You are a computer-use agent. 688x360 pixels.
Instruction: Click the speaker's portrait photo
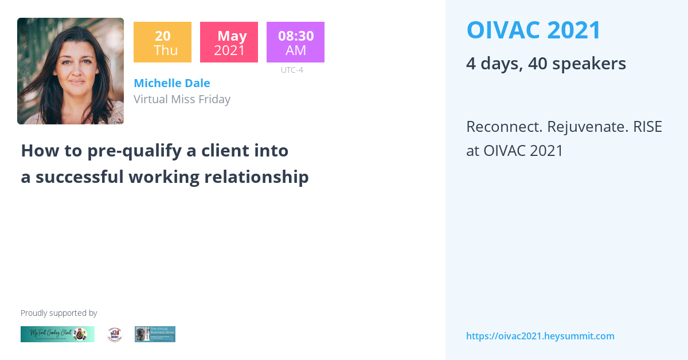click(x=71, y=71)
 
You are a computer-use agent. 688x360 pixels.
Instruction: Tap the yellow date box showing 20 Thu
click(x=162, y=42)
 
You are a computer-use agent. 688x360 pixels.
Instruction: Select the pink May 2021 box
click(x=229, y=42)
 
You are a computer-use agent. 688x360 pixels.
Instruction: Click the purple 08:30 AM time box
click(x=295, y=42)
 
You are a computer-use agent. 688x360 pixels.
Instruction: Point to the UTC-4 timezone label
click(x=292, y=70)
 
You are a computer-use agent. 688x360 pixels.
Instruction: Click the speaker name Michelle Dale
click(x=171, y=83)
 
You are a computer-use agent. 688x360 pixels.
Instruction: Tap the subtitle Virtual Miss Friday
click(x=182, y=99)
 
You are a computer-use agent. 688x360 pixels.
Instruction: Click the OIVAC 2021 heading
click(x=534, y=30)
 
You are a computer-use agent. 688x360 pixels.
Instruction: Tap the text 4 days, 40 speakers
click(x=546, y=64)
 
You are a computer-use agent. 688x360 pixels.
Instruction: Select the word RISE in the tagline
click(x=647, y=127)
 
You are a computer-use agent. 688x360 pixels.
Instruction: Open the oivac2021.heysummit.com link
click(x=540, y=336)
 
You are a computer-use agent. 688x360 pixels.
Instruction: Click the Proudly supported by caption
click(x=58, y=313)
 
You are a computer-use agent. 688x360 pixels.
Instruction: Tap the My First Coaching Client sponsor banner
click(x=57, y=334)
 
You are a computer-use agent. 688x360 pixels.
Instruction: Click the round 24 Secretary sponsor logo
click(x=115, y=334)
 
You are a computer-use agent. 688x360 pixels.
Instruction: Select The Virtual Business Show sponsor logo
click(x=155, y=334)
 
